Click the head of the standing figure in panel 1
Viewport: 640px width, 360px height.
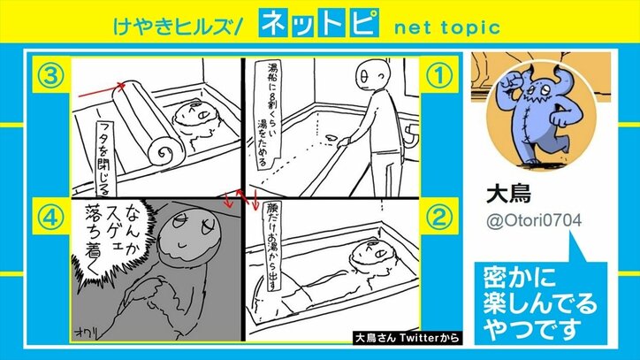370,78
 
